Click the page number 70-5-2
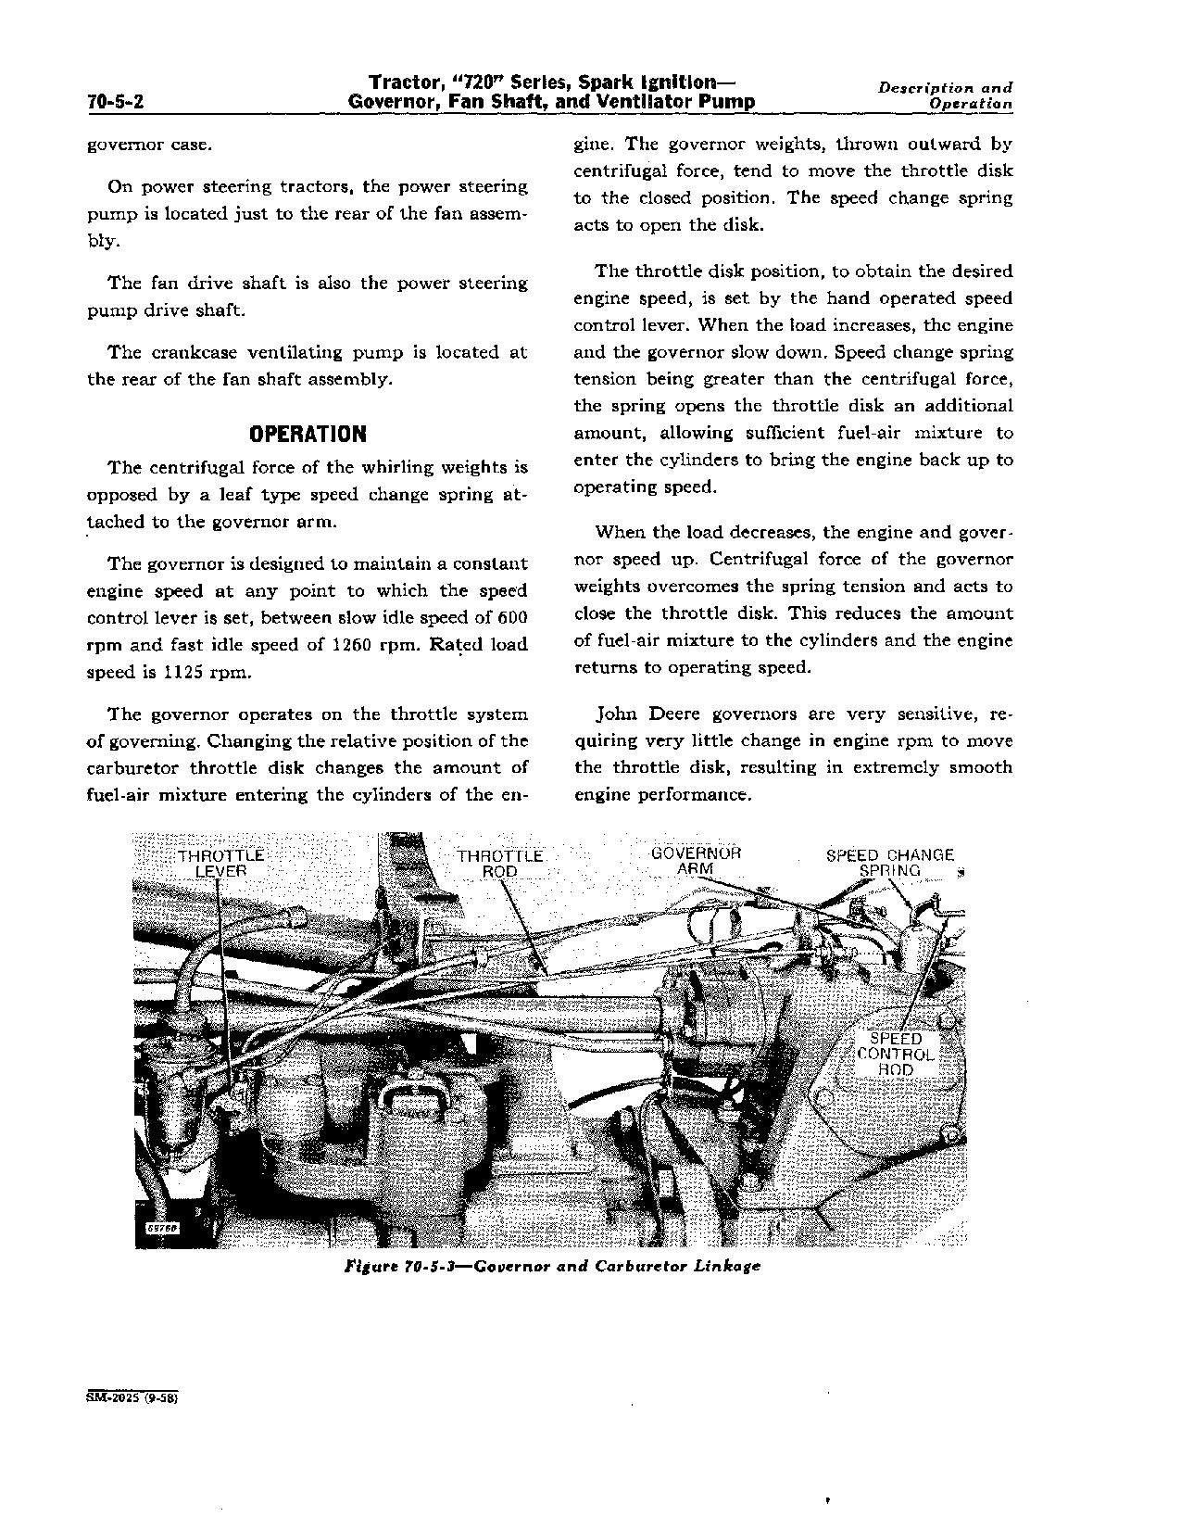115,103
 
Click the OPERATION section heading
308,434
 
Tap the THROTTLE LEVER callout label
220,863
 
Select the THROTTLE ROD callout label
499,863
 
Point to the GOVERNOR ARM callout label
696,860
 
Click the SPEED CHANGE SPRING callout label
889,863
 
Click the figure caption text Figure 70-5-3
551,1266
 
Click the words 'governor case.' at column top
149,145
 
